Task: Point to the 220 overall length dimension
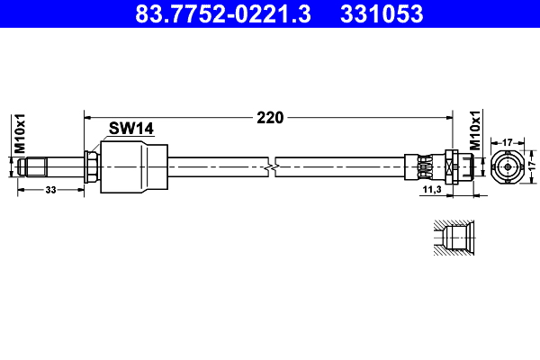tap(270, 117)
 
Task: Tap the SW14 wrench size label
tap(131, 129)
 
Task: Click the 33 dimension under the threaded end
tap(50, 189)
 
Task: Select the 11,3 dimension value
tap(431, 190)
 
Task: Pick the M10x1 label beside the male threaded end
tap(17, 132)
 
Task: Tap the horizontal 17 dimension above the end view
tap(508, 141)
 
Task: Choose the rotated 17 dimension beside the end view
tap(531, 166)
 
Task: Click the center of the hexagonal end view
tap(508, 166)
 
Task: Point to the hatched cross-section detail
tap(451, 238)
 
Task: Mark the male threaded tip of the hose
tap(31, 166)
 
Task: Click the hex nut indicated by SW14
tap(91, 166)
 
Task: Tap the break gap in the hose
tap(273, 166)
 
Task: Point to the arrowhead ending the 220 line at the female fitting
tap(447, 117)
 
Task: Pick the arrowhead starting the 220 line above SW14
tap(87, 117)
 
